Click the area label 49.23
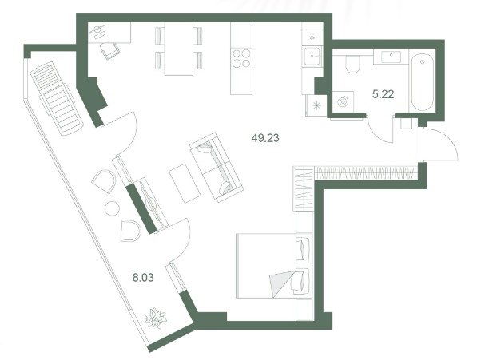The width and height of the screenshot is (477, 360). [x=265, y=138]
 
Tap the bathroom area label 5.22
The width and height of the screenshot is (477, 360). [x=383, y=94]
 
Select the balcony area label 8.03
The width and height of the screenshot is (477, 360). [x=143, y=277]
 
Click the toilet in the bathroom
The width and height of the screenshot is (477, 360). [x=352, y=65]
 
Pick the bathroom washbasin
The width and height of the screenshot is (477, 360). [x=392, y=57]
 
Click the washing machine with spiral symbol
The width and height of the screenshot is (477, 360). [x=343, y=101]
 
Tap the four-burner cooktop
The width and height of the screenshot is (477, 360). [x=241, y=58]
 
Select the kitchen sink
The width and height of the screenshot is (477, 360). [x=312, y=56]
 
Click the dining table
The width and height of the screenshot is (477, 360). [x=179, y=49]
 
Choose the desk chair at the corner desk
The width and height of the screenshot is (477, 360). [x=109, y=51]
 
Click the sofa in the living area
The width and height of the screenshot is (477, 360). [x=217, y=167]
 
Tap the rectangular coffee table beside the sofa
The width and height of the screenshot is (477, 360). [x=185, y=183]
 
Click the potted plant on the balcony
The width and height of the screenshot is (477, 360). [x=156, y=318]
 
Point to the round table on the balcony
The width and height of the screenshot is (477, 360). [x=112, y=208]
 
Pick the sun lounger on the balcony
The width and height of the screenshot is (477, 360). [x=56, y=98]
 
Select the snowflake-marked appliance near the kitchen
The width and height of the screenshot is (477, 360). [x=316, y=105]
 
